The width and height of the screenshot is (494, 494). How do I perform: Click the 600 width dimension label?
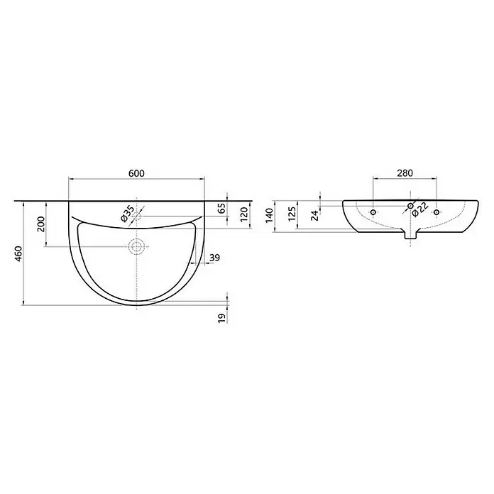coord(136,173)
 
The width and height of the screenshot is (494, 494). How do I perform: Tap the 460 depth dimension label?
coord(18,254)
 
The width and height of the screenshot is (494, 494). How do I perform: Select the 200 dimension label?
coord(41,224)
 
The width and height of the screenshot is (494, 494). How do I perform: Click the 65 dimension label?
coord(221,208)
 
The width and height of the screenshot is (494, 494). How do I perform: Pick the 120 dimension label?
coord(244,214)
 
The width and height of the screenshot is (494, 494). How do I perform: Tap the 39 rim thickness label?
coord(214,258)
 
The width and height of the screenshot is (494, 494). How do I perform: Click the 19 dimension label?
coord(221,318)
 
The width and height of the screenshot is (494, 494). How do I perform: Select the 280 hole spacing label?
coord(405,173)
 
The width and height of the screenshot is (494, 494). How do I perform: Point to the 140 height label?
coord(270,215)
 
